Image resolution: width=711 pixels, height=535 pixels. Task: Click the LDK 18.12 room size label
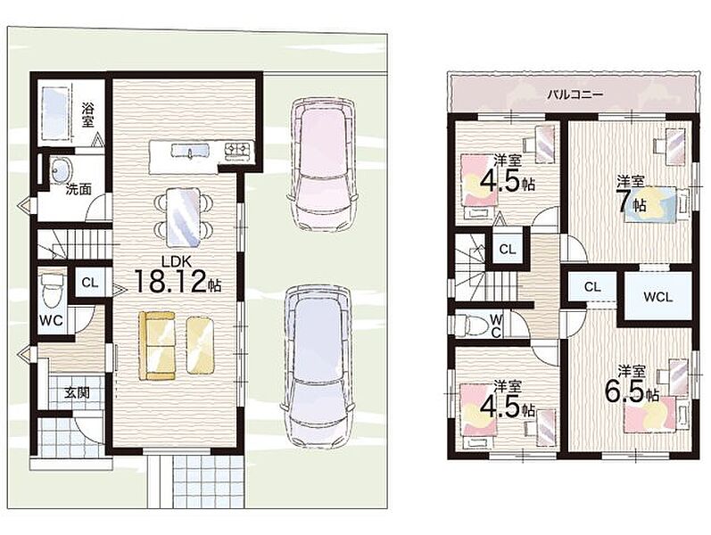[178, 276]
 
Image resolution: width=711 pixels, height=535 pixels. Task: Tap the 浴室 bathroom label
[88, 115]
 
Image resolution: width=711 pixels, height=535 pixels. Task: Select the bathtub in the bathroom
[56, 113]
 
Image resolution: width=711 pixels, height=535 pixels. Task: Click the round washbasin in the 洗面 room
[61, 170]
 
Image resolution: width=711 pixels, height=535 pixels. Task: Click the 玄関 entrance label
[76, 392]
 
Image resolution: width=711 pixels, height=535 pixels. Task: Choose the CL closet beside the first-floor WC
[90, 282]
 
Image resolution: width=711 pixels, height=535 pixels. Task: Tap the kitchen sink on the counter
[190, 151]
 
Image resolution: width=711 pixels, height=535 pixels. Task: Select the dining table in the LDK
[183, 217]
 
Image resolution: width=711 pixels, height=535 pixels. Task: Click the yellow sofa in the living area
[157, 345]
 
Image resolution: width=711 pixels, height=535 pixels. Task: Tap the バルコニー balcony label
[575, 95]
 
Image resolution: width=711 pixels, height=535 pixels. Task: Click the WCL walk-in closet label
[657, 298]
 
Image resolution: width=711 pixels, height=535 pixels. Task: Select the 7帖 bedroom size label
[631, 195]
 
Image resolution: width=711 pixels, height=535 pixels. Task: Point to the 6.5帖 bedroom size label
[632, 386]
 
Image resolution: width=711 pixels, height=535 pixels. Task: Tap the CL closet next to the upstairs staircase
[508, 249]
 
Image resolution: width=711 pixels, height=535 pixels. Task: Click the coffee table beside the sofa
[200, 345]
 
